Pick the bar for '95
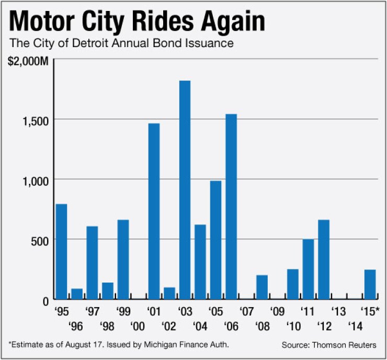coord(61,251)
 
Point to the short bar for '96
coord(77,294)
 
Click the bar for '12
coord(324,259)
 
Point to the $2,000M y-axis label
coord(28,62)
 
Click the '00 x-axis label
coord(138,326)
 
